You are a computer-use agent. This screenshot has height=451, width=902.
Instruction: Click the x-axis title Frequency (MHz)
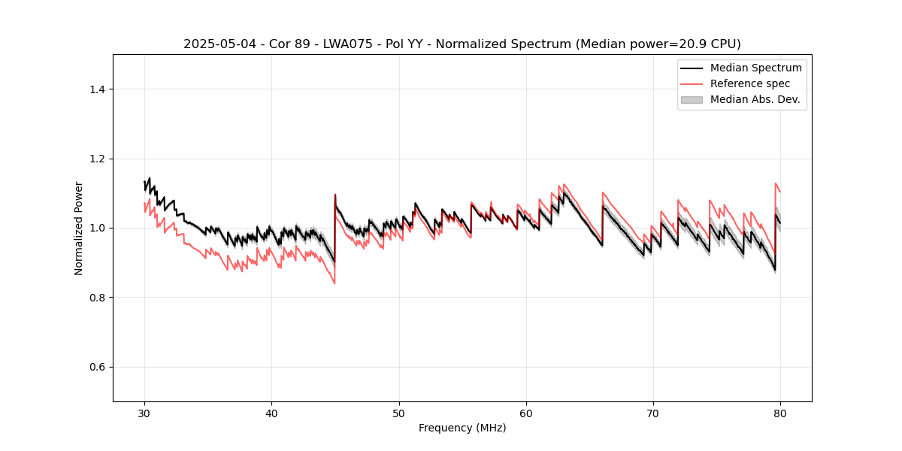coord(462,428)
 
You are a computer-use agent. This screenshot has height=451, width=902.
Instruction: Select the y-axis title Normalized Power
coord(79,228)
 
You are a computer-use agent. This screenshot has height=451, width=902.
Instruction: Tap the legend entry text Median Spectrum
coord(755,68)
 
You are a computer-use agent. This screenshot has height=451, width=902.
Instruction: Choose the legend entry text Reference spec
coord(750,83)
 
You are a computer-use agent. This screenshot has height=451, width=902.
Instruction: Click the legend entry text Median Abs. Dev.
coord(755,99)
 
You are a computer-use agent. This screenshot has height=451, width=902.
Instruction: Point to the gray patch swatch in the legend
coord(692,99)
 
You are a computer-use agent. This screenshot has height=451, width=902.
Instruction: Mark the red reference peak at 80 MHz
coord(776,183)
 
